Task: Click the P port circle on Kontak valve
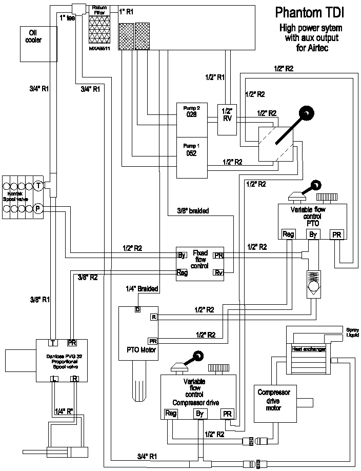tap(38, 208)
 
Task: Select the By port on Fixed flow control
tap(181, 254)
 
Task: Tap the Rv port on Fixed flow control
tap(218, 271)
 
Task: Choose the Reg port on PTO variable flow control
tap(288, 234)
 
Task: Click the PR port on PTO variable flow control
tap(336, 234)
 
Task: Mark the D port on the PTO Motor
tap(137, 309)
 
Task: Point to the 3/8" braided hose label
tap(193, 210)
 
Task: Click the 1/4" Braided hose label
tap(142, 288)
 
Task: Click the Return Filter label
tap(99, 9)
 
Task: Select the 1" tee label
tap(68, 18)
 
